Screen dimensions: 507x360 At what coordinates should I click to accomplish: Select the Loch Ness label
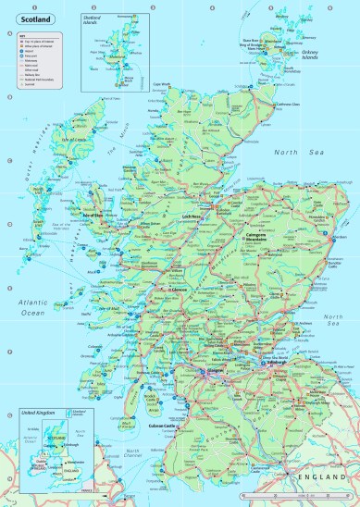[192, 216]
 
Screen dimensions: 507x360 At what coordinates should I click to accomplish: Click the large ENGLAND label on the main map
[312, 475]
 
